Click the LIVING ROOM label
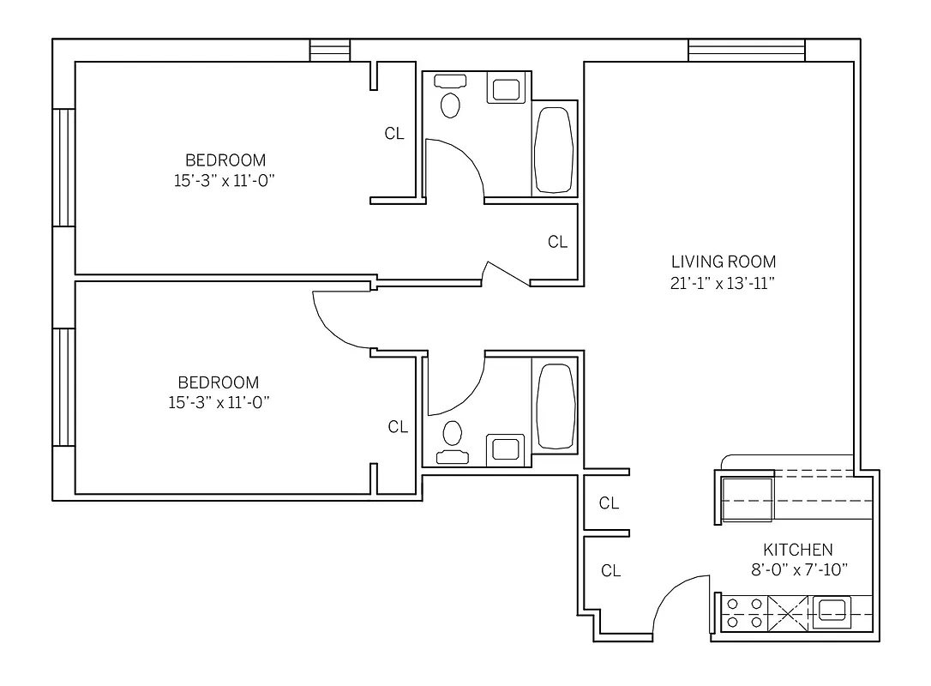(x=723, y=262)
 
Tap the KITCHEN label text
(x=797, y=550)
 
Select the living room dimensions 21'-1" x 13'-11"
(x=723, y=284)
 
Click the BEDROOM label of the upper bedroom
(x=225, y=160)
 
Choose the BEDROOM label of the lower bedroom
(x=218, y=382)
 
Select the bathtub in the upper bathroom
(x=553, y=149)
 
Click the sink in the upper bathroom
(x=505, y=89)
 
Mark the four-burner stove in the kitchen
(x=743, y=613)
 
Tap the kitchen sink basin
(x=831, y=611)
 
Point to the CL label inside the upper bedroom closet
(x=393, y=134)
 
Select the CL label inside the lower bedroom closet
(x=398, y=427)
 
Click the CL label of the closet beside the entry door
(x=610, y=571)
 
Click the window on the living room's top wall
(x=746, y=51)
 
